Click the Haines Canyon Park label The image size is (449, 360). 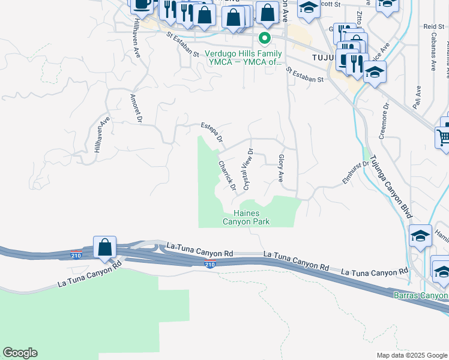pyautogui.click(x=246, y=217)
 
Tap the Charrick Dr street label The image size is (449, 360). pyautogui.click(x=226, y=175)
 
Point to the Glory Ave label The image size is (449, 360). pyautogui.click(x=281, y=168)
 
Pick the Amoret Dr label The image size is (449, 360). pyautogui.click(x=135, y=109)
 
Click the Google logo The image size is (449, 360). pyautogui.click(x=20, y=353)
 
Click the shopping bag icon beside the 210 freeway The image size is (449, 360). pyautogui.click(x=104, y=247)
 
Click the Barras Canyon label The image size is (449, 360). pyautogui.click(x=420, y=295)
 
